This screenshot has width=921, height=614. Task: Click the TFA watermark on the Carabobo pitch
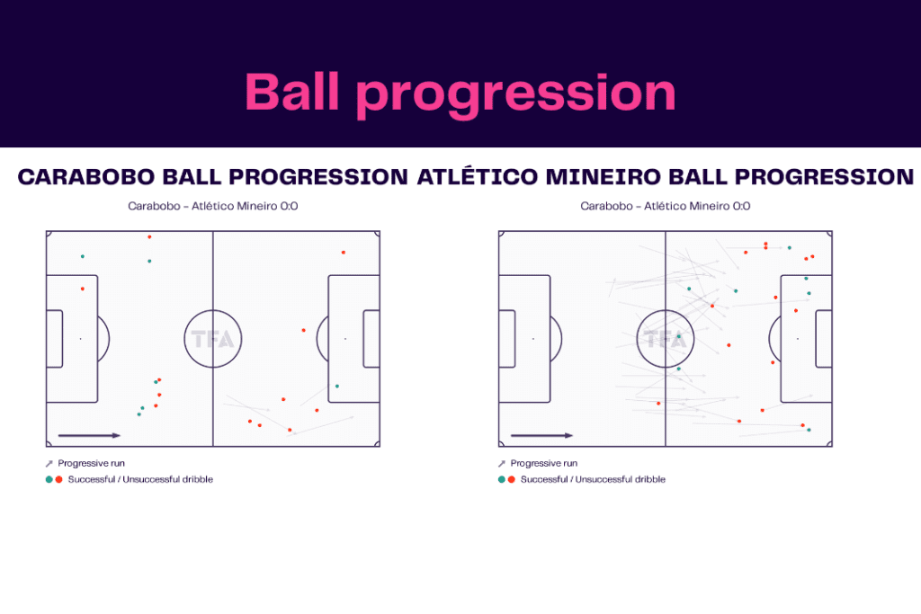(213, 340)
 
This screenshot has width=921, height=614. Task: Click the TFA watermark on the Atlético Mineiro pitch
(666, 340)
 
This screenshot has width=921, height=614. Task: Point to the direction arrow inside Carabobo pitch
(89, 436)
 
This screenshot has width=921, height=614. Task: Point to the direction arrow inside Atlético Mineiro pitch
(541, 436)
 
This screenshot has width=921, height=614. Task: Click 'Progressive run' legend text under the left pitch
(93, 463)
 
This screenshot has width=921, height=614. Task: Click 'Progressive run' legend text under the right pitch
(545, 463)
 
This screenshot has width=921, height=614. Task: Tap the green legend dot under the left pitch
(49, 479)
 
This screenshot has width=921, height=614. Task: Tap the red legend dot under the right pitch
(511, 479)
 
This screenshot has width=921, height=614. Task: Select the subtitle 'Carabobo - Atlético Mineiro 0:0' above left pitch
(213, 206)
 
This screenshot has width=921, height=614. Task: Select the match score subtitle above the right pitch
(666, 206)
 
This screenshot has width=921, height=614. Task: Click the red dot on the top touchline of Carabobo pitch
(149, 236)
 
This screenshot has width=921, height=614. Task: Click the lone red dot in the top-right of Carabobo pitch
(343, 253)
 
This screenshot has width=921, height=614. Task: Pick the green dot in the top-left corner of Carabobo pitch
(82, 256)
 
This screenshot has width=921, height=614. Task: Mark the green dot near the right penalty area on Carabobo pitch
(336, 387)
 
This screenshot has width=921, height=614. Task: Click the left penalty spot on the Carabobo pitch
(80, 339)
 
